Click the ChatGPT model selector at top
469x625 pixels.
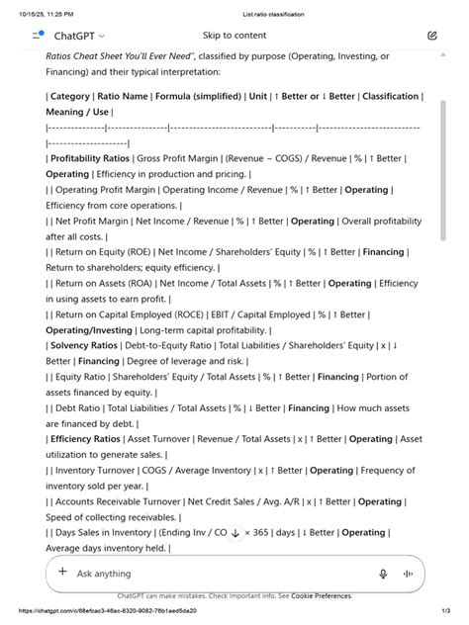point(79,36)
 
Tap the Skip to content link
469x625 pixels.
point(234,36)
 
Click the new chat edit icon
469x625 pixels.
point(432,36)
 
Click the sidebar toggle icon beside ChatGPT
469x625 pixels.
point(38,35)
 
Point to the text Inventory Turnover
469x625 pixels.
point(94,471)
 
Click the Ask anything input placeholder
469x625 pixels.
point(104,574)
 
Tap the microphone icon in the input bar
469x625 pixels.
point(383,574)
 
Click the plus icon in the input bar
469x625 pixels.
point(62,573)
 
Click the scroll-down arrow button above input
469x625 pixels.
point(234,534)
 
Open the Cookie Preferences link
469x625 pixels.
point(322,596)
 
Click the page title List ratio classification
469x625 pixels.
point(273,15)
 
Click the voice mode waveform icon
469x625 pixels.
point(408,574)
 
